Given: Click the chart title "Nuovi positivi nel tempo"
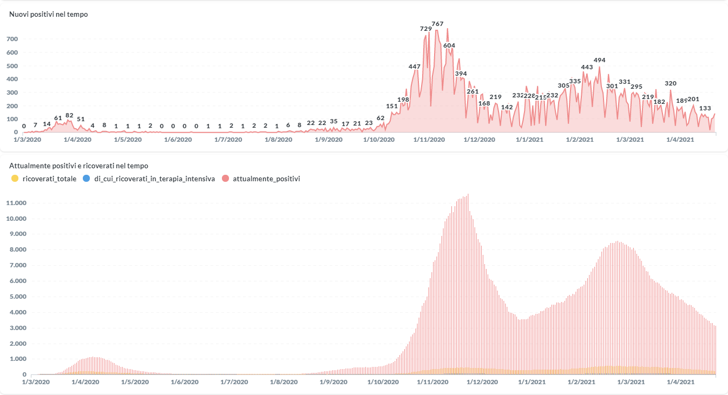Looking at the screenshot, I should [49, 15].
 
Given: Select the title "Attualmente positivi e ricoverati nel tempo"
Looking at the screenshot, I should [79, 166].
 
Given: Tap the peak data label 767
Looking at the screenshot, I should [437, 24].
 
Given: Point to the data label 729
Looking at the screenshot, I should [426, 29].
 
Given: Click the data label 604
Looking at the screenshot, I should [449, 45].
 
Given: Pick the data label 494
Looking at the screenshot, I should [599, 60].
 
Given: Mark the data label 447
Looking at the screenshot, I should [415, 67].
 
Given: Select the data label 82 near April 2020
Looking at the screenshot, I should [69, 115].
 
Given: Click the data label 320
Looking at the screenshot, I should [671, 83].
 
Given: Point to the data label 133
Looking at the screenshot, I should [705, 108].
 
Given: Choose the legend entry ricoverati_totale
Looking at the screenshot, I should [49, 179].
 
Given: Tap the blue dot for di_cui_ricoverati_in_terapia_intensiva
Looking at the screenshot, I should [86, 179].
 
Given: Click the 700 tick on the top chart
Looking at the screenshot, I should [12, 40].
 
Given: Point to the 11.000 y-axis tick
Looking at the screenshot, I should [16, 203].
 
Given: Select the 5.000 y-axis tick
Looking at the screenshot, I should [16, 297].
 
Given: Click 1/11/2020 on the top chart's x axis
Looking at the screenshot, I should [429, 140].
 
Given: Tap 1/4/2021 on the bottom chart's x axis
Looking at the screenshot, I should [679, 382].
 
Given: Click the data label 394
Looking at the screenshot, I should [461, 74].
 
